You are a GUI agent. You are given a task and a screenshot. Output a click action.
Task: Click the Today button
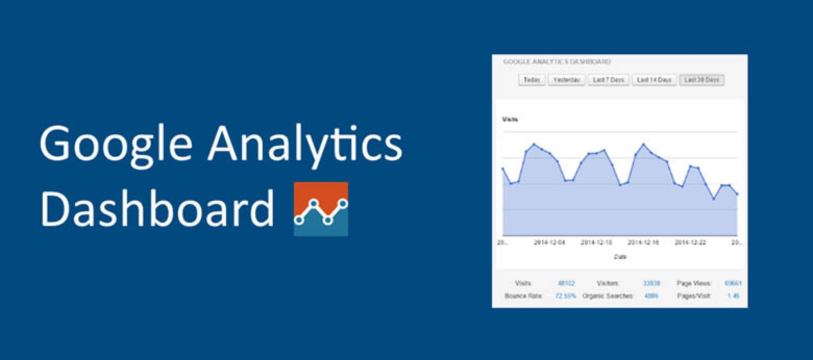(531, 80)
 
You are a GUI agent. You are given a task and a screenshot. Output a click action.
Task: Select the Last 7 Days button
(608, 80)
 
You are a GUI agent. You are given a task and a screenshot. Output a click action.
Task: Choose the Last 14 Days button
(654, 80)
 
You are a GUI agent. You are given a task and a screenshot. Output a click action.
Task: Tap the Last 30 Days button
(701, 80)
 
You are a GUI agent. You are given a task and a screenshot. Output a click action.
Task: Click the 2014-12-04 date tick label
(549, 242)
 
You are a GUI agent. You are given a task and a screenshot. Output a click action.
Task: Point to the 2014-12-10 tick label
(596, 242)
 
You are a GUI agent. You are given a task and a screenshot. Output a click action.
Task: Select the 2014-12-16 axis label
(643, 242)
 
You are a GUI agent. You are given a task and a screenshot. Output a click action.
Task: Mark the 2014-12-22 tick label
(690, 242)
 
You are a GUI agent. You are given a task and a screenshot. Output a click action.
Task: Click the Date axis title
(620, 257)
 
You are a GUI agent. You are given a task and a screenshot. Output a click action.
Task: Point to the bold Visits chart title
(510, 119)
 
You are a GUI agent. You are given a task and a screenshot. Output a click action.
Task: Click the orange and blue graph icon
(321, 209)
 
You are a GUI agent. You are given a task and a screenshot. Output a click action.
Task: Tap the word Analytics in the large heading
(305, 144)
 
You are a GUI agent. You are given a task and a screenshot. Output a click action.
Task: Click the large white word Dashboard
(157, 208)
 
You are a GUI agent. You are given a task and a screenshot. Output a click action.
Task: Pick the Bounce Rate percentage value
(565, 296)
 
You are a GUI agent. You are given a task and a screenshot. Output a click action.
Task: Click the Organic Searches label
(608, 296)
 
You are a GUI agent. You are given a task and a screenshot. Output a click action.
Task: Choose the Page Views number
(733, 283)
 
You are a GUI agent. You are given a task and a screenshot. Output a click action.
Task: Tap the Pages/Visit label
(694, 296)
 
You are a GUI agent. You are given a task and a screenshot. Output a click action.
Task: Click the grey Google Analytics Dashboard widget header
(557, 62)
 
